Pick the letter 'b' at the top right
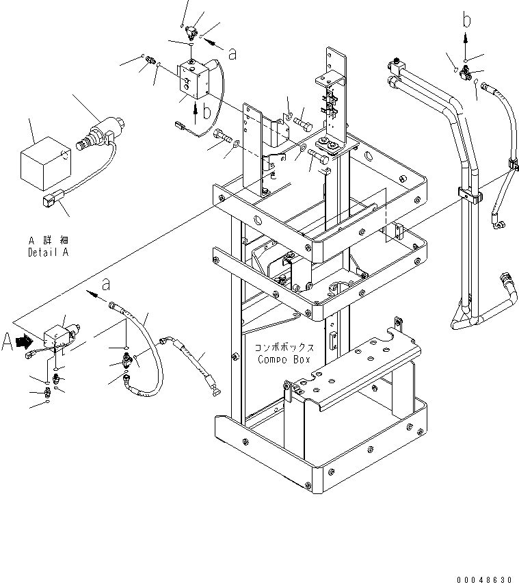pyautogui.click(x=466, y=21)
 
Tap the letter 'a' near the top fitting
pyautogui.click(x=232, y=54)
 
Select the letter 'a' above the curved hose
pyautogui.click(x=105, y=283)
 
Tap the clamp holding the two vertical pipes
pyautogui.click(x=467, y=195)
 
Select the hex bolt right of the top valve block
pyautogui.click(x=303, y=127)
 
